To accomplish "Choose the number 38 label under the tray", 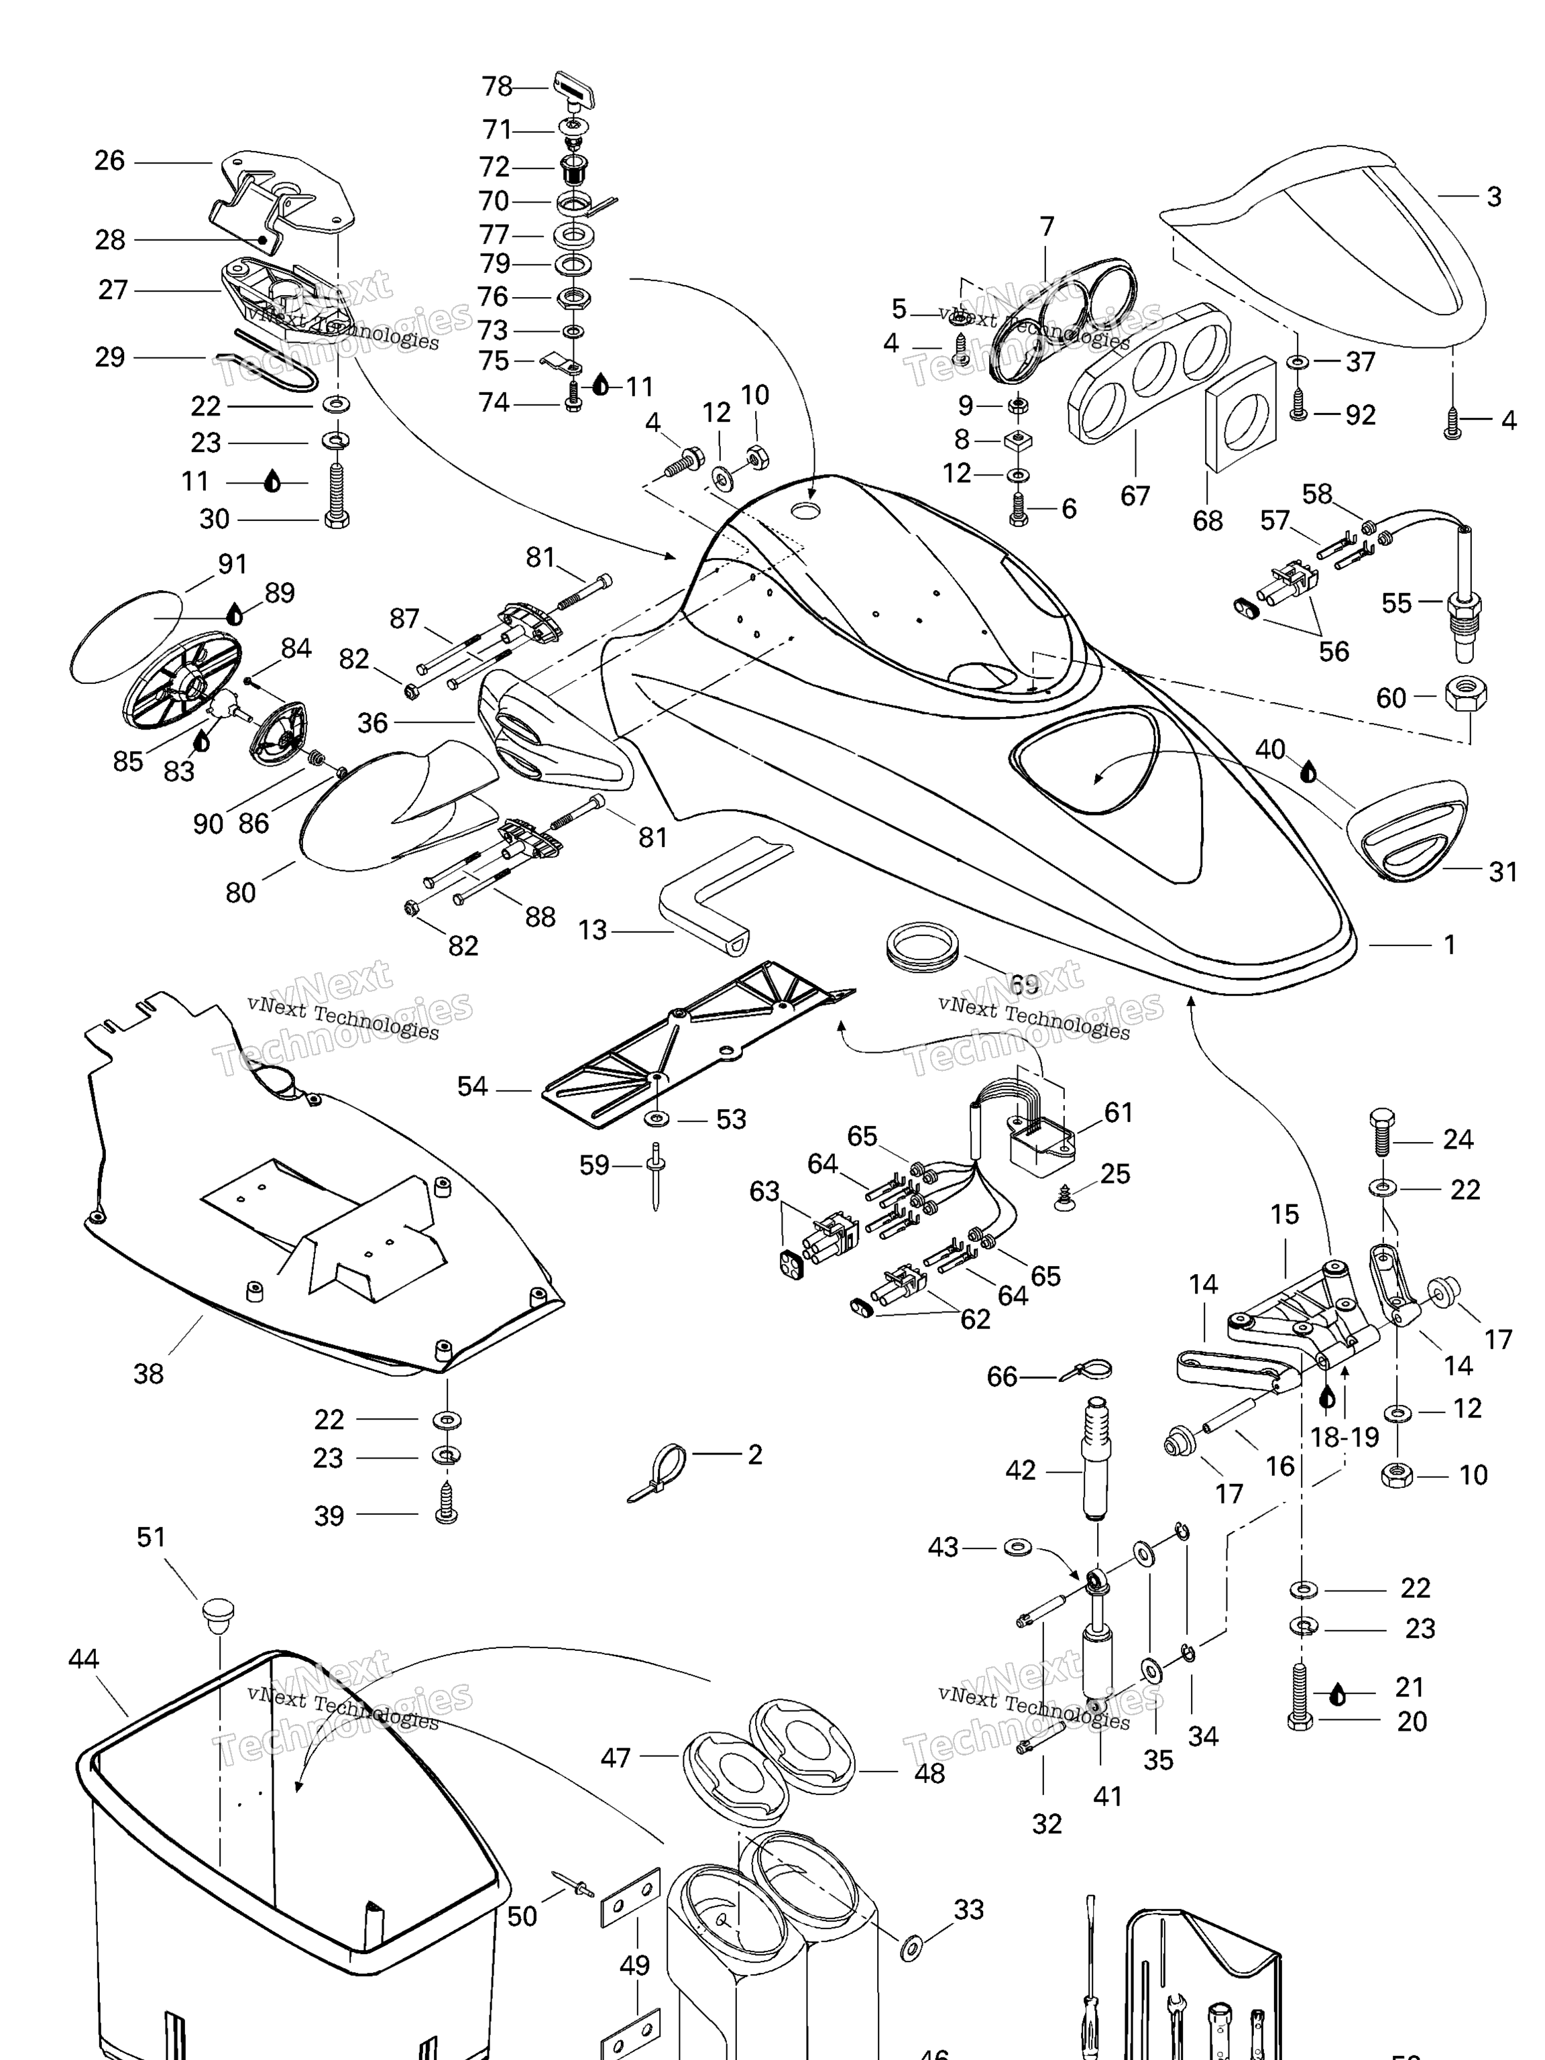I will (148, 1373).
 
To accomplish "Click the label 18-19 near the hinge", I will (1344, 1437).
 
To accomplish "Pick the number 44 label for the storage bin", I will (84, 1658).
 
